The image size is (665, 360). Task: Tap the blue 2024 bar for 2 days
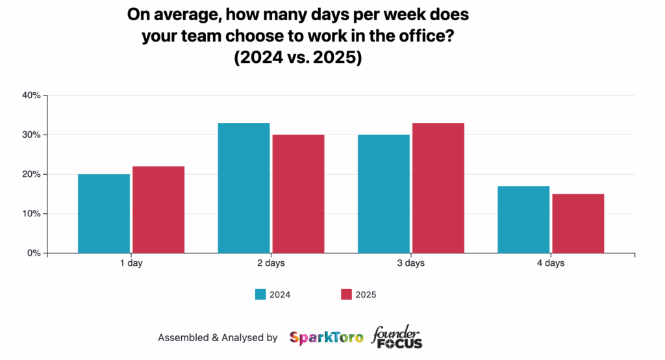(244, 188)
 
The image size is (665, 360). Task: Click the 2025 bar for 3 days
(438, 188)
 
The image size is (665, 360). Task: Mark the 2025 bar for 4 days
(578, 224)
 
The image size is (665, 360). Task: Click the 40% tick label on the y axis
(31, 96)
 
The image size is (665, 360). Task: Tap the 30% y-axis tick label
(31, 135)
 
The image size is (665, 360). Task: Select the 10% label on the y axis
(31, 214)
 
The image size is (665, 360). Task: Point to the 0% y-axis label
(34, 253)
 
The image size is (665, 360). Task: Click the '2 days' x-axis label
(271, 263)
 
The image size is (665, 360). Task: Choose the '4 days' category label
(551, 263)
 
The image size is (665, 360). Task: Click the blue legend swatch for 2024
(260, 294)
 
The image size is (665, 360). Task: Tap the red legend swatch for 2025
(346, 294)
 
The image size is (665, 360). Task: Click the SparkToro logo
(326, 338)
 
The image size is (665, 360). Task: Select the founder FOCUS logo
(396, 337)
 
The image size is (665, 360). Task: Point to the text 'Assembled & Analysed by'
(218, 338)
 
